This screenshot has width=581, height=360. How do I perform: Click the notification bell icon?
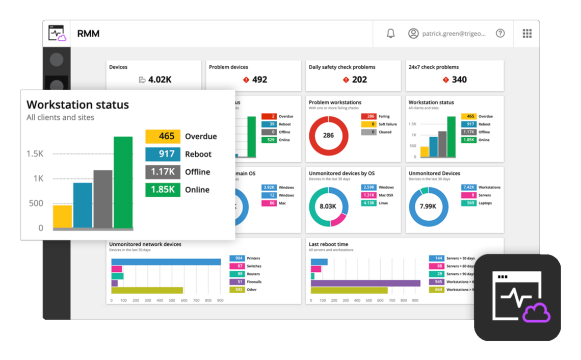point(390,33)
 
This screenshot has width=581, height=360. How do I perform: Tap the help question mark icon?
point(500,33)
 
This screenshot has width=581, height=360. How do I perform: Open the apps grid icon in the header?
point(527,33)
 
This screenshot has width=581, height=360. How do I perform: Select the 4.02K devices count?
point(160,80)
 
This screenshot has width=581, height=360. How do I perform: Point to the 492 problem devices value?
point(259,80)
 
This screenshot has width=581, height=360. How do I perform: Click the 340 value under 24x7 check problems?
point(459,80)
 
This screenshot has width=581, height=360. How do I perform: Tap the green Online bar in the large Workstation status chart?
point(123,182)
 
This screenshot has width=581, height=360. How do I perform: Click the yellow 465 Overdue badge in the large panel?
point(163,136)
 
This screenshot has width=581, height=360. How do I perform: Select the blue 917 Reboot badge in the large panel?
point(163,154)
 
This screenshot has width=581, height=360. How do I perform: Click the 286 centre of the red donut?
point(329,136)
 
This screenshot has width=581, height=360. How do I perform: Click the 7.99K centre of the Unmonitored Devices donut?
point(428,207)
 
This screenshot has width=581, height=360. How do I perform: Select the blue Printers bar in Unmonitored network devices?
point(166,262)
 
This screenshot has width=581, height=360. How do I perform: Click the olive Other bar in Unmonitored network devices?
point(147,290)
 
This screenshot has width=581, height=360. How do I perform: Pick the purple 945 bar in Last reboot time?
point(365,283)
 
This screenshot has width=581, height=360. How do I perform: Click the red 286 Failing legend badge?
point(368,116)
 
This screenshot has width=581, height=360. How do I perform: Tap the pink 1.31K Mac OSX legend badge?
point(368,195)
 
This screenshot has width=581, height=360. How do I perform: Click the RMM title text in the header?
point(88,34)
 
